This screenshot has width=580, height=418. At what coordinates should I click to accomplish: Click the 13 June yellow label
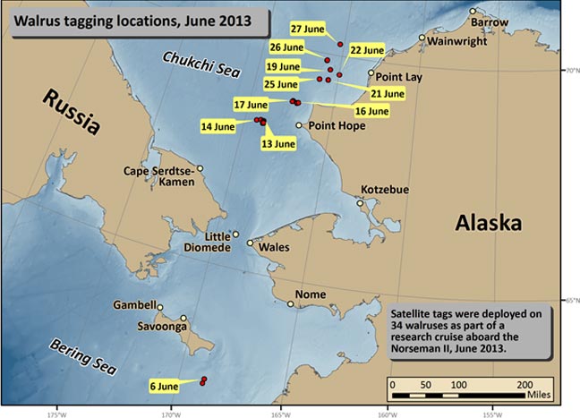coord(277,143)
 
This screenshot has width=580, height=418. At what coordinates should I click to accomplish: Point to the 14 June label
coord(218,127)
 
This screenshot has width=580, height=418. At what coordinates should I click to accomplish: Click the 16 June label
coord(372,111)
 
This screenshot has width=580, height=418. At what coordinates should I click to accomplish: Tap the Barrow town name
coord(489,21)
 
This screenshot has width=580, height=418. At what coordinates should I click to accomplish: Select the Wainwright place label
coord(456,41)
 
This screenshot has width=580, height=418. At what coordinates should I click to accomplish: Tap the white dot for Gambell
coord(161,307)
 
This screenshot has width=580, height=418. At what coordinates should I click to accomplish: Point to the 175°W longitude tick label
coord(57,414)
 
